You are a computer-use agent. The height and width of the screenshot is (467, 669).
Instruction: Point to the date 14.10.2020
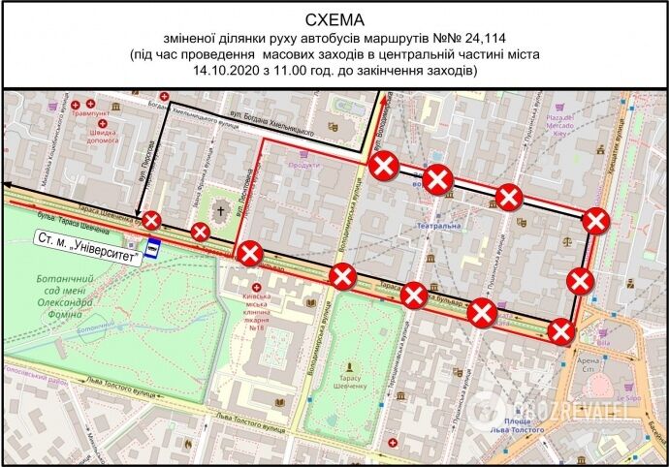[x=230, y=71]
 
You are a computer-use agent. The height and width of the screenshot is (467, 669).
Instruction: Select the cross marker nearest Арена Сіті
[x=559, y=330]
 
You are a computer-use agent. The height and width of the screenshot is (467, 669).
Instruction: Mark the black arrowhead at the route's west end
[x=7, y=183]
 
